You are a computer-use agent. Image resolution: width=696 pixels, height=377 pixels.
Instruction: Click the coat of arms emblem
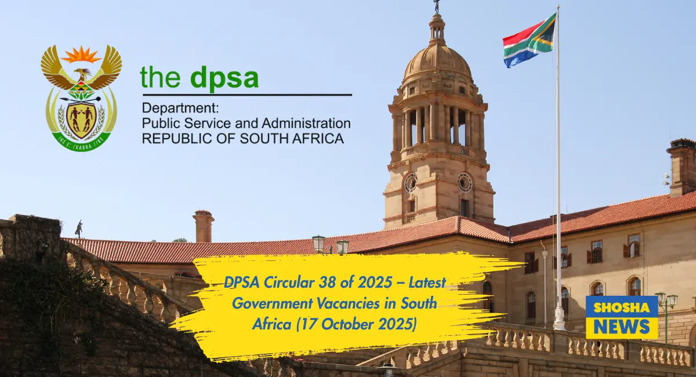point(81,97)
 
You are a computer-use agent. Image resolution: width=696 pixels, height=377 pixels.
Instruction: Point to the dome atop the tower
point(437,61)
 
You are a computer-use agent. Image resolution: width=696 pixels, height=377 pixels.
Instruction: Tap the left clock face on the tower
point(411,183)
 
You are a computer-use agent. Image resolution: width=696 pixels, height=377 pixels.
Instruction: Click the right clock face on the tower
point(465,182)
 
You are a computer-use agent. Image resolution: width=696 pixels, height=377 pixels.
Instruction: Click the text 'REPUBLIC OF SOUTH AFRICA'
point(243,139)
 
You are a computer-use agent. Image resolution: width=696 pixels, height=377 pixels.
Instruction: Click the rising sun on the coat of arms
point(81,55)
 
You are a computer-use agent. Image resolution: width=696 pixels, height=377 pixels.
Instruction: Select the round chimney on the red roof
point(204,226)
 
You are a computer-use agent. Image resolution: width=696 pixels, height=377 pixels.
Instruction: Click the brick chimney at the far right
point(681,168)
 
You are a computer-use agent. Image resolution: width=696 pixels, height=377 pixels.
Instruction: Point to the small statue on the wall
point(79,229)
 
